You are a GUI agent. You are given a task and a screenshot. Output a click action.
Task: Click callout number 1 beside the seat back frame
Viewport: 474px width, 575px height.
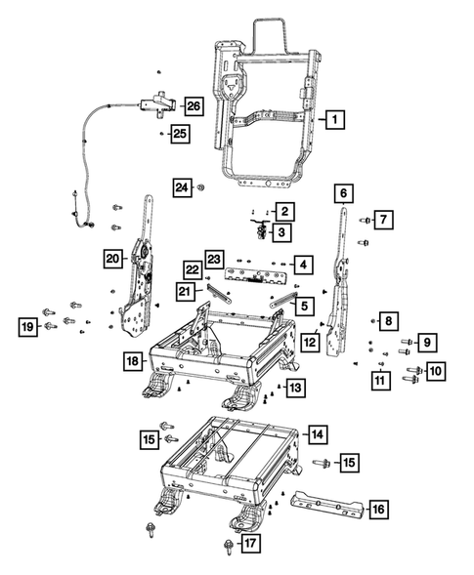click(x=334, y=120)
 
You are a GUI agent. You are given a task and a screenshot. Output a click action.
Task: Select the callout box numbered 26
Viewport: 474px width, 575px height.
click(x=194, y=105)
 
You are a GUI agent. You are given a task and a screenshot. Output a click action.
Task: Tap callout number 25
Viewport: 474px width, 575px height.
click(x=179, y=133)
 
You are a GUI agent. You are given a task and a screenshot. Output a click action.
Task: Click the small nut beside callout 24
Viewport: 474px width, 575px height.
click(x=200, y=185)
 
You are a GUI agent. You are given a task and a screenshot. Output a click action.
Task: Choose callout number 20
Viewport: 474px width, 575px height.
click(x=114, y=258)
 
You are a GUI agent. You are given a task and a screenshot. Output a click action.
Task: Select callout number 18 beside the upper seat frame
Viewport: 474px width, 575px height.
click(x=134, y=361)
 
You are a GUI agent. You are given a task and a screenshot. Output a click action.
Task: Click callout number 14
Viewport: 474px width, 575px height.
click(x=318, y=433)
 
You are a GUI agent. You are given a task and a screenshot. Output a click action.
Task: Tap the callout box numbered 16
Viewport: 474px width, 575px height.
click(x=378, y=509)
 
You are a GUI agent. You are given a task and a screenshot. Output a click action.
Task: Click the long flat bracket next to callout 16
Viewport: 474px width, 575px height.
click(x=327, y=502)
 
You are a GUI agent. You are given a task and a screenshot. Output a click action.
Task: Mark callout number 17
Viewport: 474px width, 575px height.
click(x=250, y=543)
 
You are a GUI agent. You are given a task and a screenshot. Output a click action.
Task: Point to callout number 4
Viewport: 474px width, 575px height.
click(x=304, y=265)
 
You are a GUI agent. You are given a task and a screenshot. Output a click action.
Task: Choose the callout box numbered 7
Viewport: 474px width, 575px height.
click(x=385, y=220)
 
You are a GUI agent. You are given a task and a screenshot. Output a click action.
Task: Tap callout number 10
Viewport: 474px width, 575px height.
click(x=435, y=371)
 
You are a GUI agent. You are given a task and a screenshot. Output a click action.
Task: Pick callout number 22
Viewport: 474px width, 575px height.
click(x=193, y=268)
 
